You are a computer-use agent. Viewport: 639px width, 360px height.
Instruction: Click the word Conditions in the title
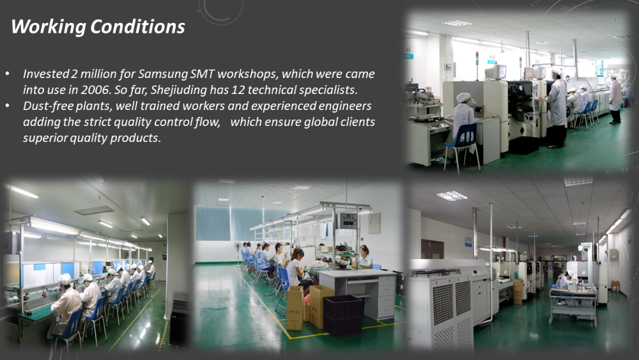[x=137, y=26]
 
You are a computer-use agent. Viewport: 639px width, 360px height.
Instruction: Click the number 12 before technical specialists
[x=238, y=90]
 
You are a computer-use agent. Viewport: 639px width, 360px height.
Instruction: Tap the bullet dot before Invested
[x=8, y=74]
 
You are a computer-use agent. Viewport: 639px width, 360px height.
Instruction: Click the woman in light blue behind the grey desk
[x=364, y=256]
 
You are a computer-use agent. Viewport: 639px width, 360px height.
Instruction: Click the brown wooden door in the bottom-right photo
[x=432, y=249]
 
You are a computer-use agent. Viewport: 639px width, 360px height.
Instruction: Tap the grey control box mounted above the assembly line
[x=348, y=221]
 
